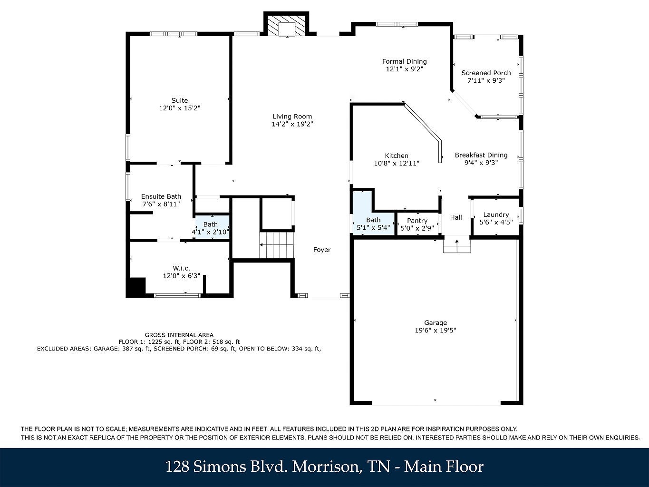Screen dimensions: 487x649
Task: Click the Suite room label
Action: coord(179,100)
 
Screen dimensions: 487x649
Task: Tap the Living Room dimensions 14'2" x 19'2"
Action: coord(292,124)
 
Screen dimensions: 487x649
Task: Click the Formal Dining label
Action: coord(404,61)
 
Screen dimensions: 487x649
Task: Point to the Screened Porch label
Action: coord(486,73)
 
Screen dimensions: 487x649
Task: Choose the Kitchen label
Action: coord(396,156)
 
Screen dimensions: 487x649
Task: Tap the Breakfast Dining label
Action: coord(481,155)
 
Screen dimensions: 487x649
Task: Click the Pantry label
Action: coord(417,221)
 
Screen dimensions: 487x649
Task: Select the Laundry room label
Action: coord(495,214)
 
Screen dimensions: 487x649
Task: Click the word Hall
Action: coord(456,217)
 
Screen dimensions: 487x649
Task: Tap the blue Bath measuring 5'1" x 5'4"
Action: coord(373,224)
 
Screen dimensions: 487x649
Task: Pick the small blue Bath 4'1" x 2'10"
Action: coord(211,228)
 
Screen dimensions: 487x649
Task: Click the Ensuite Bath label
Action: coord(161,196)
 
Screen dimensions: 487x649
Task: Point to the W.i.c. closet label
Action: coord(181,268)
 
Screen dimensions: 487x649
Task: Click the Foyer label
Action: coord(322,250)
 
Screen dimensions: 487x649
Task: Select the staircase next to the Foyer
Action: coord(277,245)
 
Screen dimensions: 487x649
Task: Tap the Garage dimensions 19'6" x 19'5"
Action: coord(436,331)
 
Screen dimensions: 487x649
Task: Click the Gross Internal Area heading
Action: coord(179,335)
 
